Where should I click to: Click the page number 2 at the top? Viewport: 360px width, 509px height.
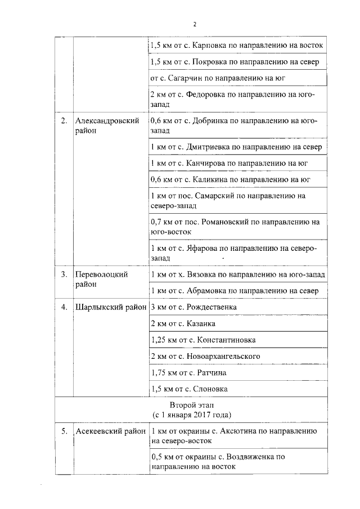[x=195, y=24]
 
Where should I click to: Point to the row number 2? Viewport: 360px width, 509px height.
[x=64, y=120]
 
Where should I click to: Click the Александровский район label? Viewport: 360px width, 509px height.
[x=107, y=125]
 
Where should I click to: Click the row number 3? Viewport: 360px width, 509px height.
[x=64, y=274]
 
